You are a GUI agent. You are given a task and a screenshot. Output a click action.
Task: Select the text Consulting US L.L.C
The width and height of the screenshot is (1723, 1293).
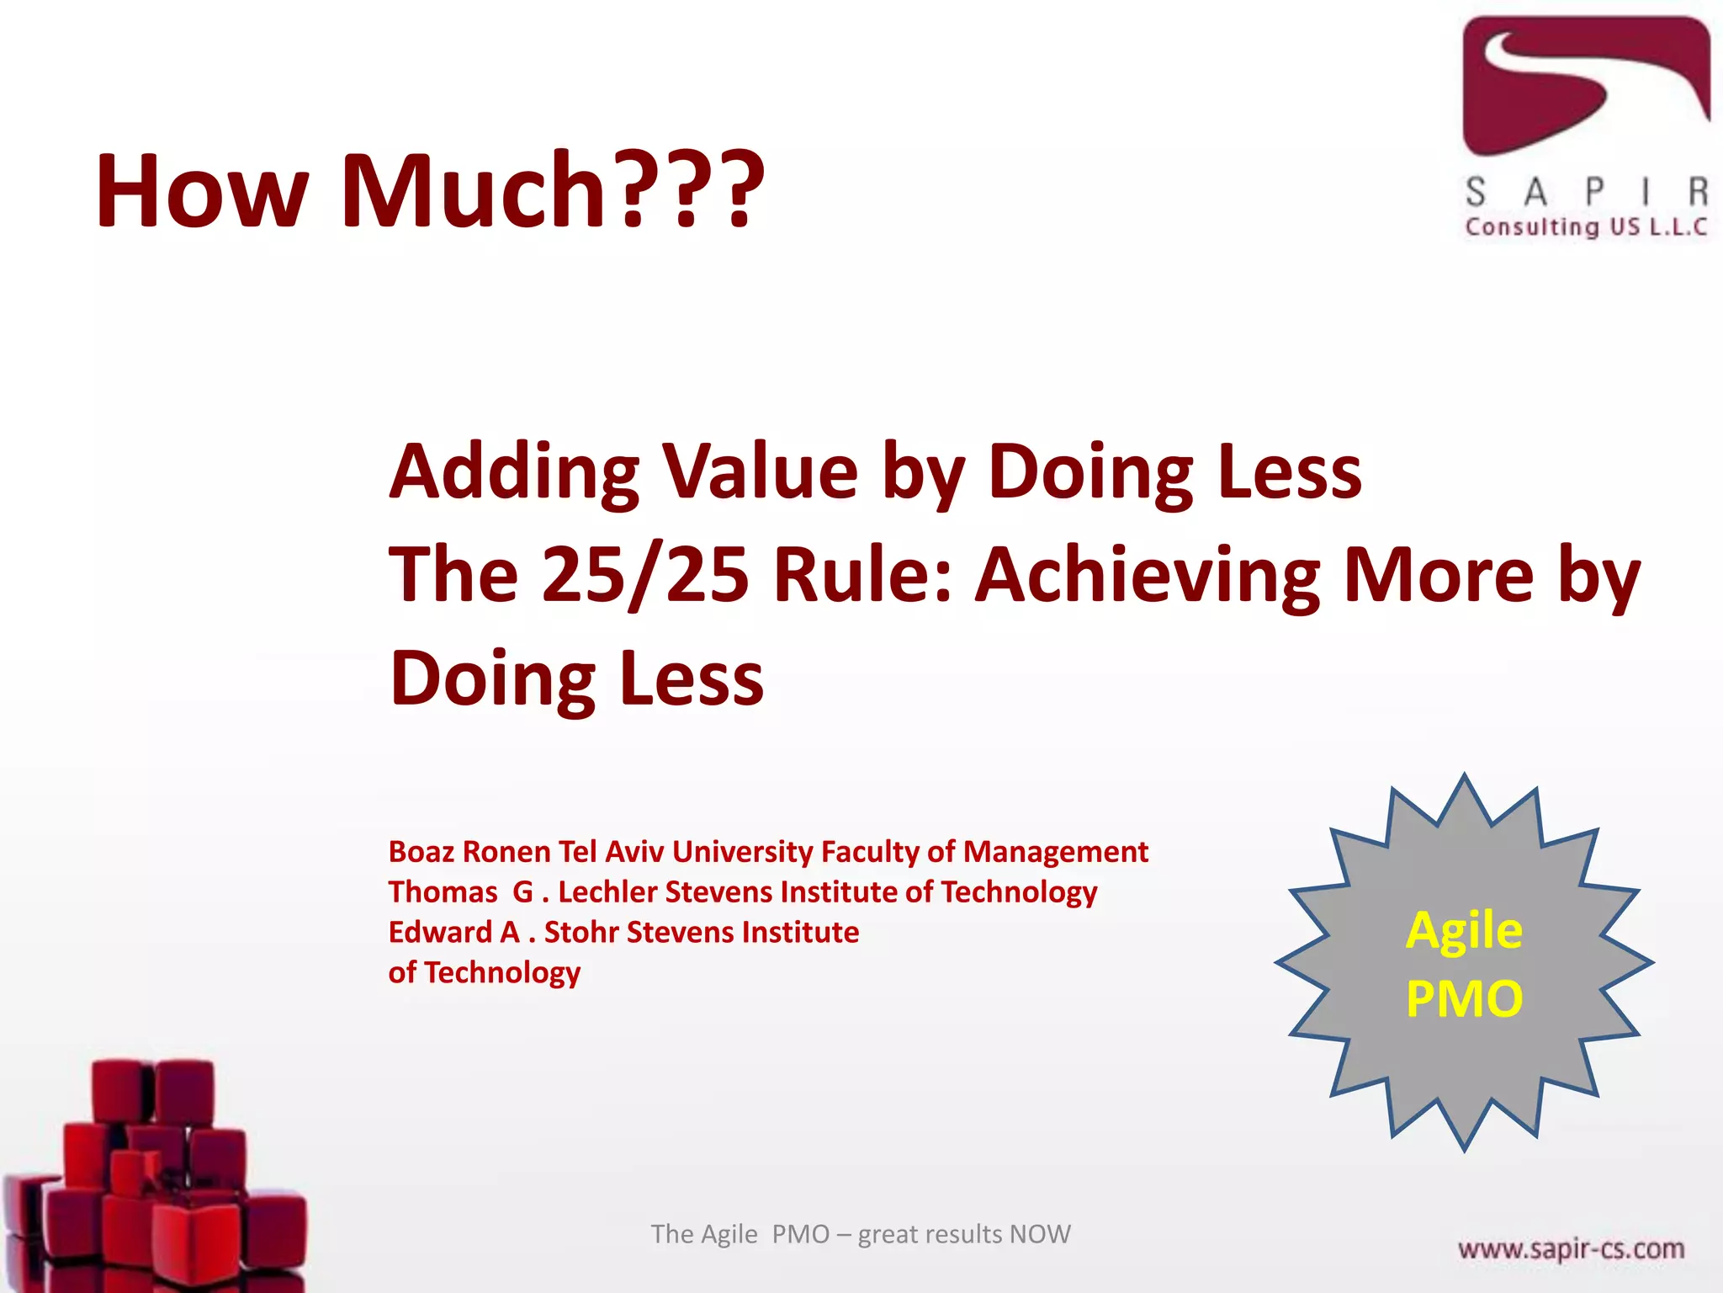pyautogui.click(x=1586, y=227)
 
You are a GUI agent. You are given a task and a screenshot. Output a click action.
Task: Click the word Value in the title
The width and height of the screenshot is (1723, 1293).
pyautogui.click(x=761, y=472)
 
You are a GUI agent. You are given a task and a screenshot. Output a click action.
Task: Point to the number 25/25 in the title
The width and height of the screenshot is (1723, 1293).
pyautogui.click(x=645, y=576)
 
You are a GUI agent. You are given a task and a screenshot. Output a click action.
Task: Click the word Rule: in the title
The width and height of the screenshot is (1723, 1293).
pyautogui.click(x=863, y=576)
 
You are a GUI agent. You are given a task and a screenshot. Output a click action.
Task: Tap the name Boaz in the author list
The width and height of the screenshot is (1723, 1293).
pyautogui.click(x=421, y=852)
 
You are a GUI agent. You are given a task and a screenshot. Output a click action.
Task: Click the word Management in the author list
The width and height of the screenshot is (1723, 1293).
pyautogui.click(x=1055, y=852)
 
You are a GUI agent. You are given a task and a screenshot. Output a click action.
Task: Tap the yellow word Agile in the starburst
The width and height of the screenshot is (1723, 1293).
pyautogui.click(x=1464, y=931)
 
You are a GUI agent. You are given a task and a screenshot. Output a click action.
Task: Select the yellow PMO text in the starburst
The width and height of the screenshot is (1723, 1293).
pyautogui.click(x=1464, y=999)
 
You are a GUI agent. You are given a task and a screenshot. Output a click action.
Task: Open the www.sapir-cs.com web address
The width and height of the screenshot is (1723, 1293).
pyautogui.click(x=1571, y=1248)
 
